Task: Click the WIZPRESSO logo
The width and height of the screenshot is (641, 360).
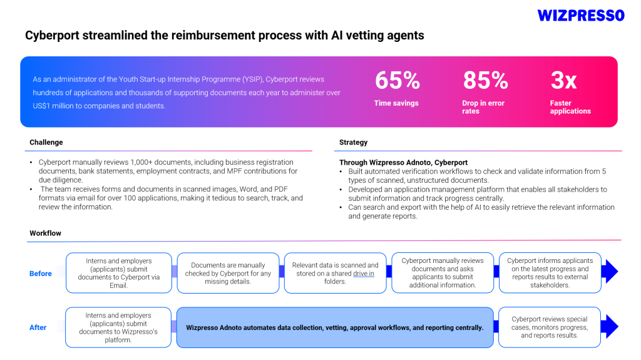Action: click(581, 15)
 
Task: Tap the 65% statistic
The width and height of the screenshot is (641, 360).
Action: click(397, 80)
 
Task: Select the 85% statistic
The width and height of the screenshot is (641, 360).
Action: click(485, 80)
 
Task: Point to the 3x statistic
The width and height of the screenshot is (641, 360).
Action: click(563, 80)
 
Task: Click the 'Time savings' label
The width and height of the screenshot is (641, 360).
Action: click(396, 103)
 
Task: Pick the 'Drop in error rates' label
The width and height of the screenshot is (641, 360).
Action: click(483, 107)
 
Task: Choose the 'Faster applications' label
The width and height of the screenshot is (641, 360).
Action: click(570, 107)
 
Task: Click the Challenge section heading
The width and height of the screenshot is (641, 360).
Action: click(46, 143)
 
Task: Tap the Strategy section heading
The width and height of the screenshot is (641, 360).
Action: click(353, 143)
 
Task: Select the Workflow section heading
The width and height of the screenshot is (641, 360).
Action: click(45, 234)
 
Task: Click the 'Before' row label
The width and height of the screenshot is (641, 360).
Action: click(41, 274)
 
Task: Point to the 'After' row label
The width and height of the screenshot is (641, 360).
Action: click(38, 327)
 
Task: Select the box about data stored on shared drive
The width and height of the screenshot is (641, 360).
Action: click(335, 274)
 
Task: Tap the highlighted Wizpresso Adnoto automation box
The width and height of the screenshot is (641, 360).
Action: click(335, 327)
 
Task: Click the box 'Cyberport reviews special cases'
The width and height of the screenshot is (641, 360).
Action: click(549, 327)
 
